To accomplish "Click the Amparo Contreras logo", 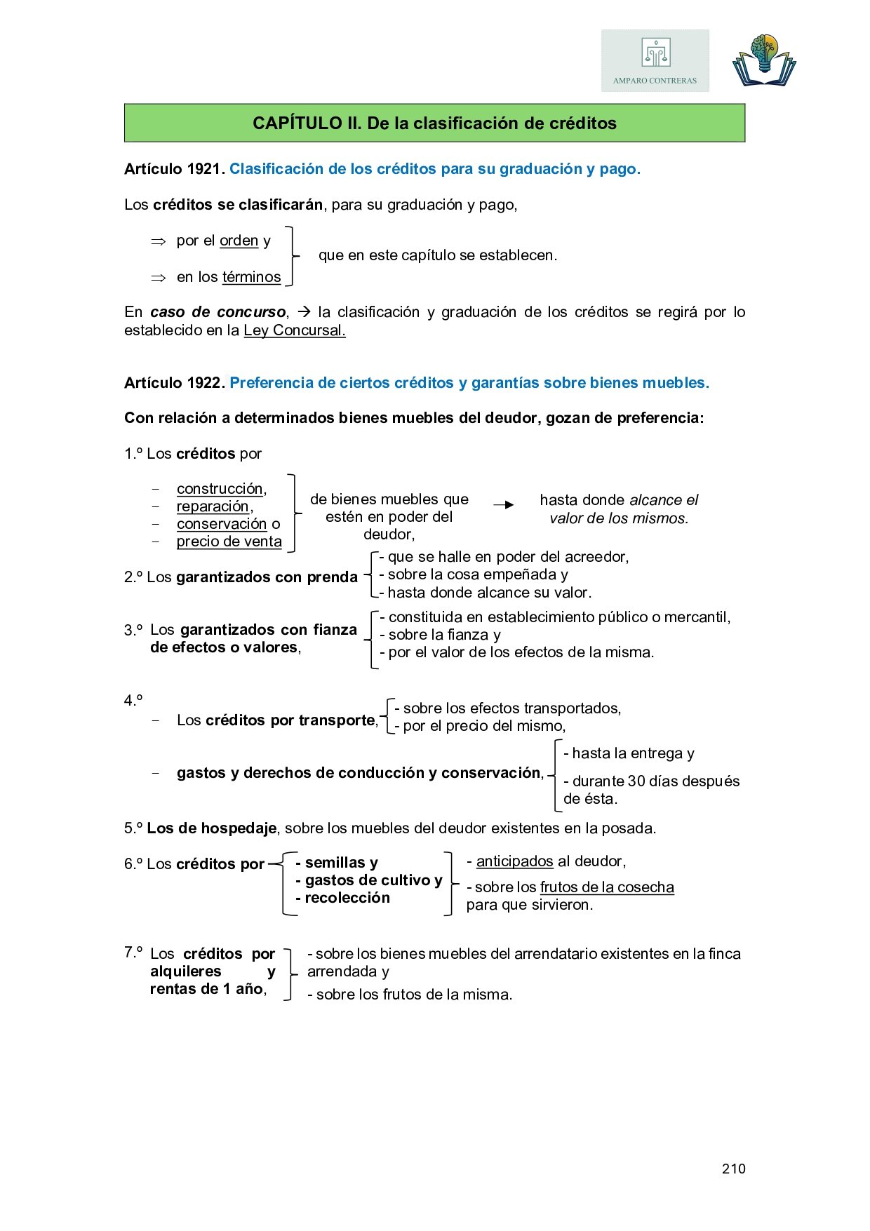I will pos(655,61).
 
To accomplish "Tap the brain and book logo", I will pos(764,61).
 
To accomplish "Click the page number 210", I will pos(733,1169).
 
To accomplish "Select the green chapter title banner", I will pos(434,123).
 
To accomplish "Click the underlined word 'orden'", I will pos(239,241).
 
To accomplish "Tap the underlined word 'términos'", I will pos(251,277).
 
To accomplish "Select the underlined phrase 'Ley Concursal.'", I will pos(295,330).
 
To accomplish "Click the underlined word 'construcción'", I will pos(220,489).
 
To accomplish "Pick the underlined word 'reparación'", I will pos(213,506).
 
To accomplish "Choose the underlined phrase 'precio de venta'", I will pos(229,541).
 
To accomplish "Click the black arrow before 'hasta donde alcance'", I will pos(503,505).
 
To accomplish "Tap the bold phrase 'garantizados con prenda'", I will pos(267,577).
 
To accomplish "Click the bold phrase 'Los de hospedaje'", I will pos(211,828).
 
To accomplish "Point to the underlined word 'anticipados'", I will pos(514,861).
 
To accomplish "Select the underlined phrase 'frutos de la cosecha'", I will pos(607,887).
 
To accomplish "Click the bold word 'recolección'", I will pos(347,898).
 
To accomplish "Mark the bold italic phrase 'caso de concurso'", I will pos(217,312).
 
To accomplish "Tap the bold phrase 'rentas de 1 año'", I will pos(207,989).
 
